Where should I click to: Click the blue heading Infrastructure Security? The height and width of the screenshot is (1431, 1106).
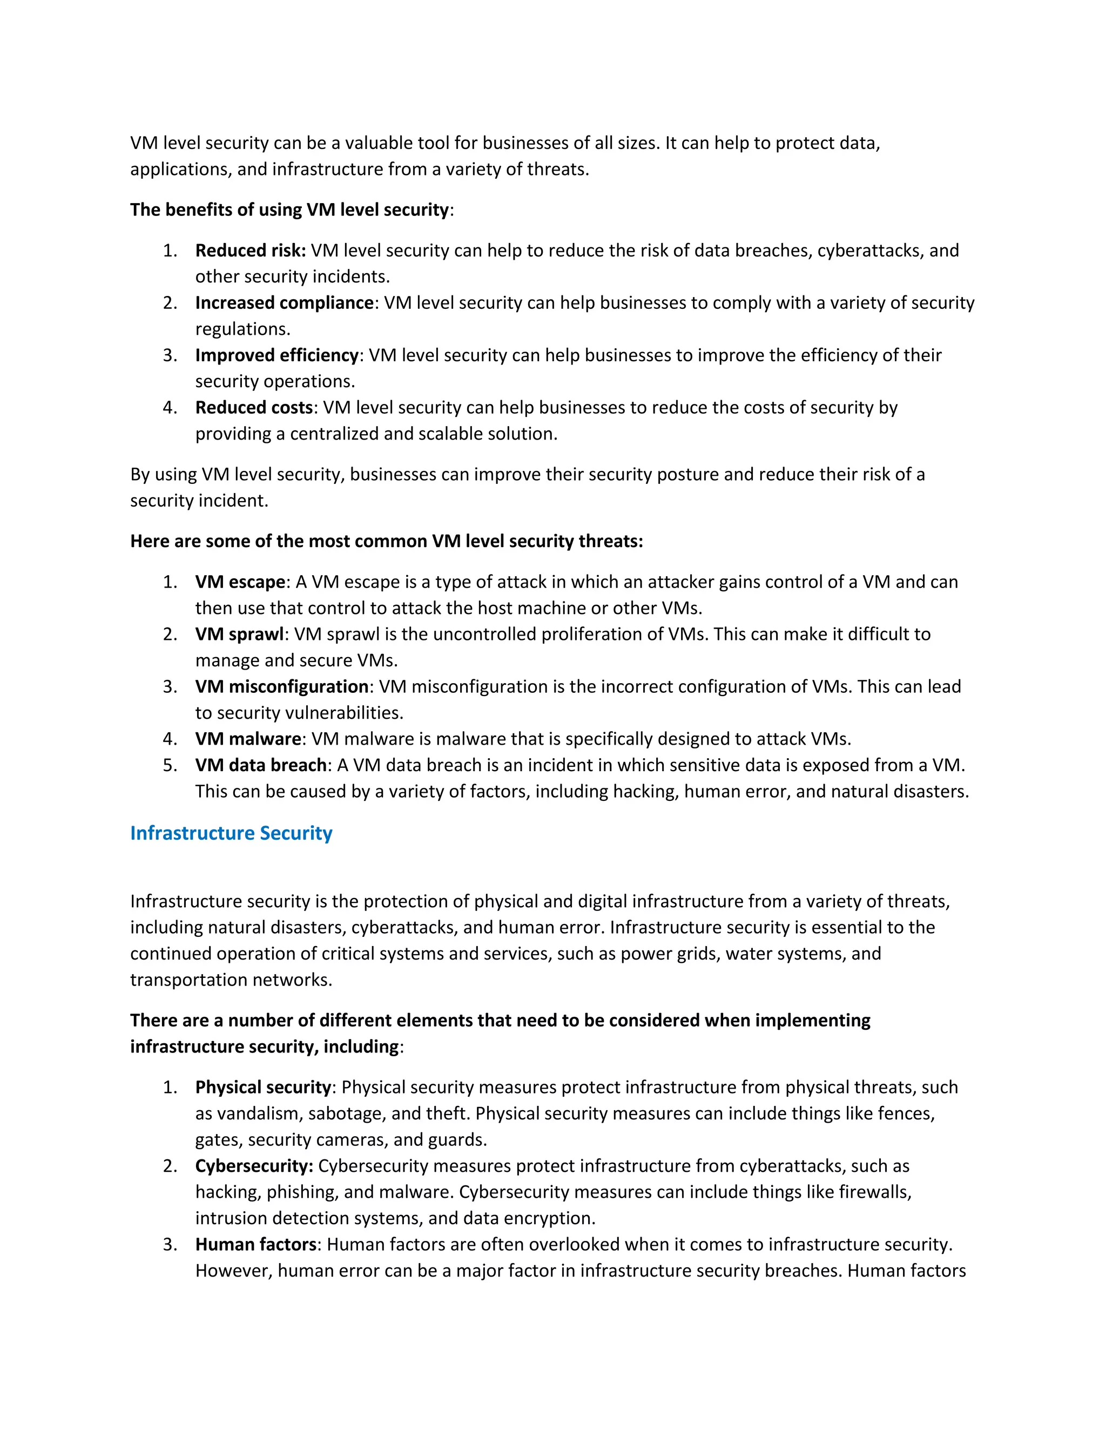pos(231,833)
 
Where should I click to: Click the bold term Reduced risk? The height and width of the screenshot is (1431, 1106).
pos(250,251)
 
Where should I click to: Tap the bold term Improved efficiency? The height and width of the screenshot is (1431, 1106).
pos(276,355)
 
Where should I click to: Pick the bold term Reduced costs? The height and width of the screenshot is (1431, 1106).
pos(254,408)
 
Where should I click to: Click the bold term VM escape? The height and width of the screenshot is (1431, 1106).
pos(240,582)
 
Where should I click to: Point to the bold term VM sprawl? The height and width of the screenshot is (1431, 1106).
pos(239,634)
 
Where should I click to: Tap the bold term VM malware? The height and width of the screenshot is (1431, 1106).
pos(248,739)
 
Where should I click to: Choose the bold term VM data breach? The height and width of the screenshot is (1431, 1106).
pos(261,765)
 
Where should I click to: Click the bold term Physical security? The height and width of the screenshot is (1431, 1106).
pos(263,1087)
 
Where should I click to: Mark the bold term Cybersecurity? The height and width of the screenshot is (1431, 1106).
pos(254,1166)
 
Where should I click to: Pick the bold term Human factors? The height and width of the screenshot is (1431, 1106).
pos(256,1244)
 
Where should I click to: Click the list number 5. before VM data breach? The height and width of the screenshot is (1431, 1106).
pos(170,765)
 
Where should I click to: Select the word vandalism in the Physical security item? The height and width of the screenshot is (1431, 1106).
pos(259,1113)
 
